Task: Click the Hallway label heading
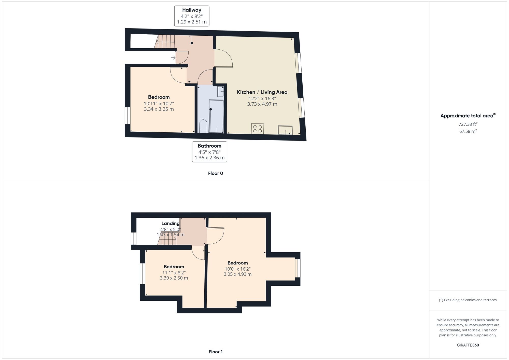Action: tap(192, 10)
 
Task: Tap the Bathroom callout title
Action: tap(209, 146)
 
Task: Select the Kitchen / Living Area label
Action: tap(262, 92)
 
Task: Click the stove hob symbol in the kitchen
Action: tap(258, 129)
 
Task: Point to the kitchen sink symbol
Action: tap(285, 130)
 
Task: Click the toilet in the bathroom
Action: tap(203, 126)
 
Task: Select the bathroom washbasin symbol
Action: tap(221, 92)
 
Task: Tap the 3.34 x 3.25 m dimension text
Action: tap(159, 109)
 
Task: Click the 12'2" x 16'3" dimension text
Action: tap(262, 99)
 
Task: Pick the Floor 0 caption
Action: tap(216, 173)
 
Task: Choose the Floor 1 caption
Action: tap(216, 352)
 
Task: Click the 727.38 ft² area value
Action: tap(468, 124)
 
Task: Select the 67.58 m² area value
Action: tap(468, 131)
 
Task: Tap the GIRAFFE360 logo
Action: tap(468, 345)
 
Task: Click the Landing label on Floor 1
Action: tap(171, 224)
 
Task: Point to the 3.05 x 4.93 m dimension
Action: tap(238, 274)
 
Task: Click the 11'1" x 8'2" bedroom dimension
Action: tap(174, 273)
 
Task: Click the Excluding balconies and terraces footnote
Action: tap(468, 300)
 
